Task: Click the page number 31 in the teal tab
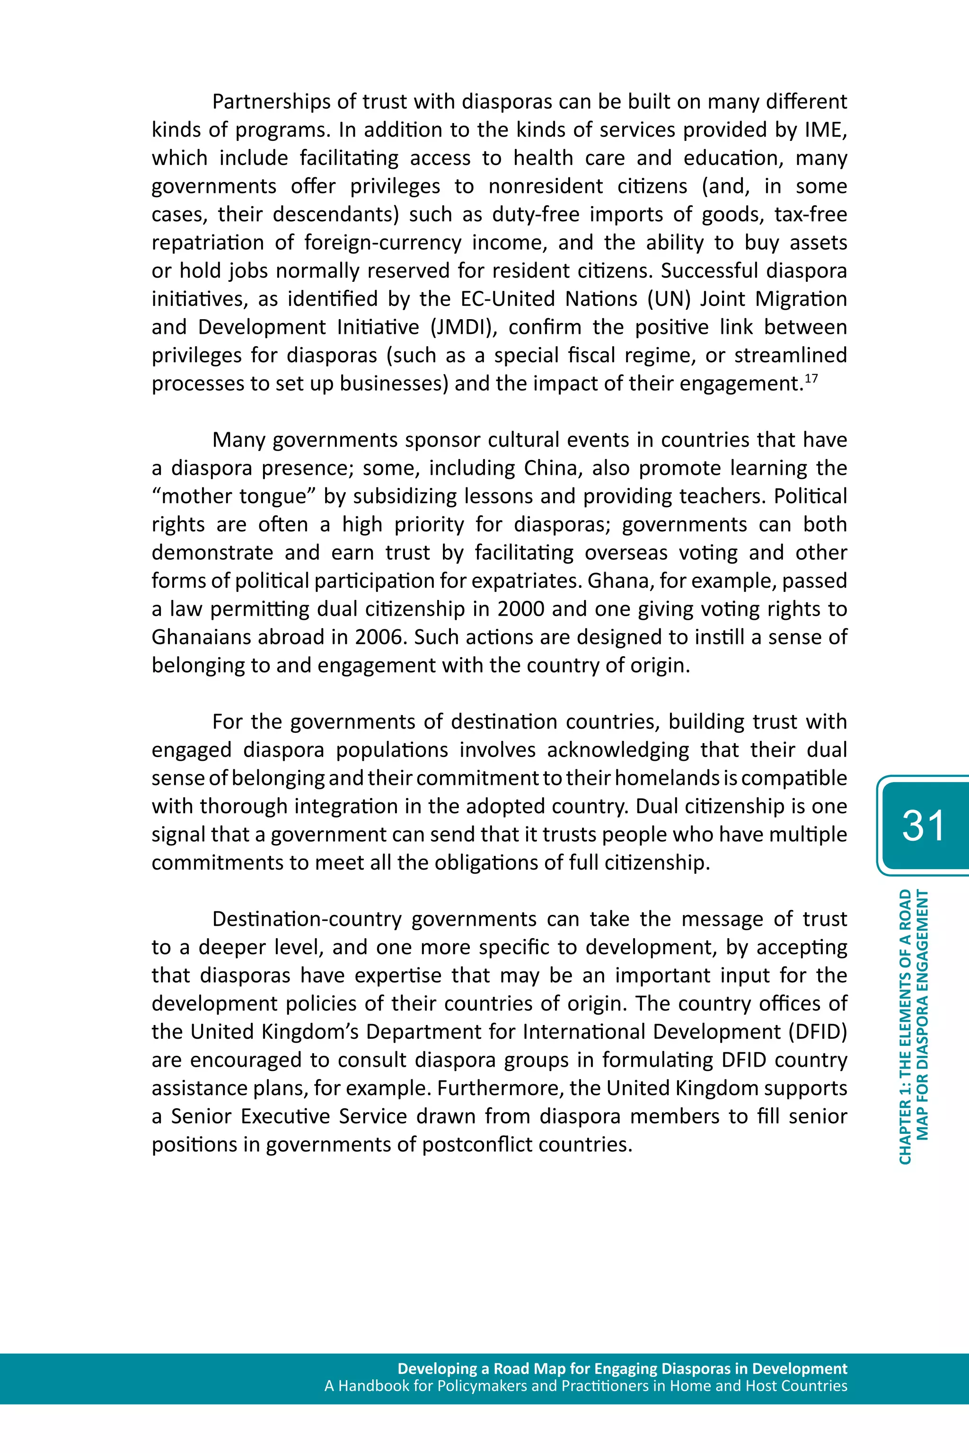923,826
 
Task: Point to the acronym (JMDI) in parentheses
464,327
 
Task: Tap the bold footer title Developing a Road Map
622,1368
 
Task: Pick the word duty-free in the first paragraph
536,214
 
